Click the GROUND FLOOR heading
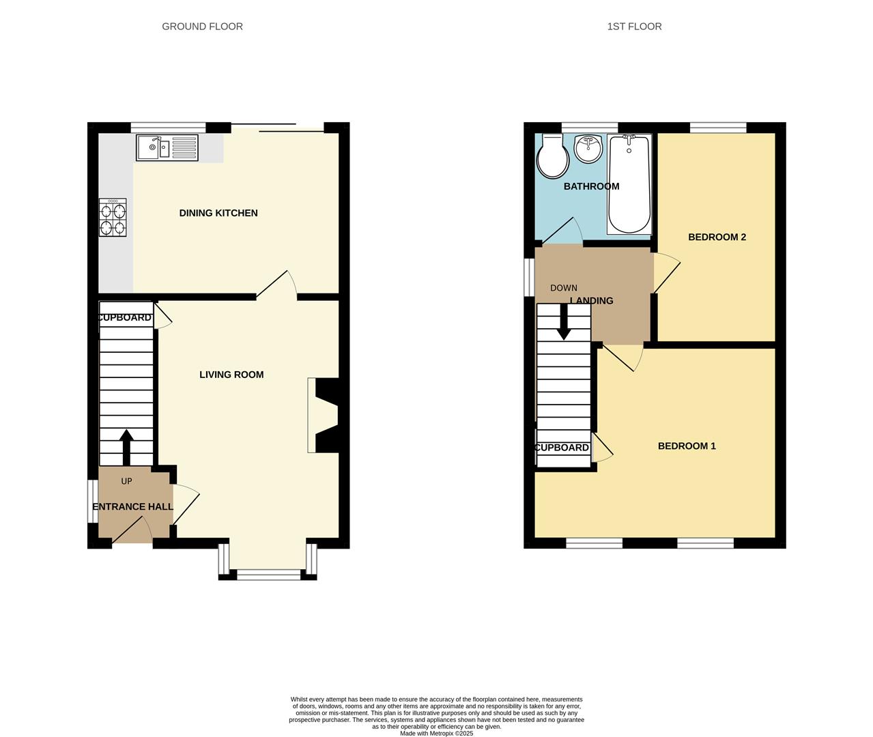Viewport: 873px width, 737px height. (x=202, y=27)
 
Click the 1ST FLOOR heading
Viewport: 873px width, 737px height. (x=634, y=27)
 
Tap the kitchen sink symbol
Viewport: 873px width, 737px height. (x=167, y=147)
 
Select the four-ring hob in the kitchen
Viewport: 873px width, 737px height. (x=113, y=217)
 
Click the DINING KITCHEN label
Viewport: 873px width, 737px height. (x=218, y=213)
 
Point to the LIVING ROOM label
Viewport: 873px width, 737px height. (x=231, y=375)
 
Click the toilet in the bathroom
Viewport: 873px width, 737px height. (x=553, y=156)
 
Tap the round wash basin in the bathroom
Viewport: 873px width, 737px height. (x=588, y=148)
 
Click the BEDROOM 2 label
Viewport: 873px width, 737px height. (x=717, y=237)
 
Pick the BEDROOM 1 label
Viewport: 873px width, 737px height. (x=687, y=446)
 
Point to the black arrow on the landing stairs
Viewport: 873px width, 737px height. (x=564, y=322)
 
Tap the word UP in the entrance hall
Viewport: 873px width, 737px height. (x=126, y=481)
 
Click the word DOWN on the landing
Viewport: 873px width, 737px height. (x=564, y=288)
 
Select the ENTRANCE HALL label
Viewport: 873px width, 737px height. (x=132, y=507)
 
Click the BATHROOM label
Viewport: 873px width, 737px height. (x=591, y=186)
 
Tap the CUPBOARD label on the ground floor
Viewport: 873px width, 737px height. (x=124, y=318)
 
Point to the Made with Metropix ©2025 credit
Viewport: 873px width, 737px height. (x=436, y=734)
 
